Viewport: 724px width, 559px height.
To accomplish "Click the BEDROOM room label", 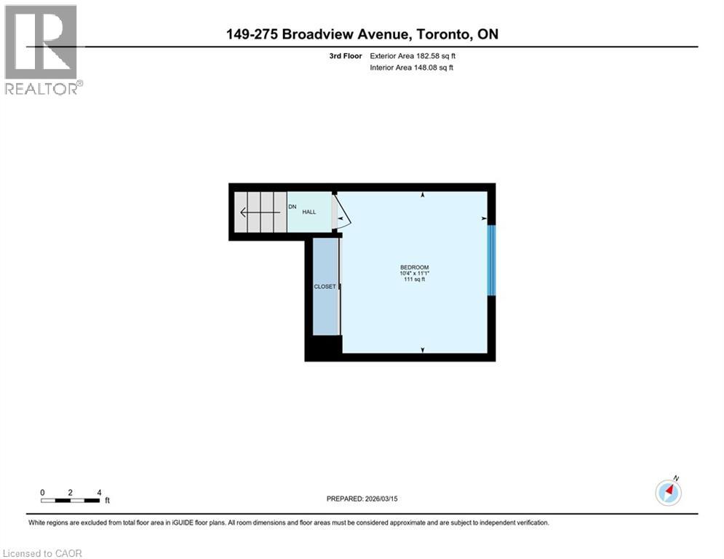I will tap(415, 267).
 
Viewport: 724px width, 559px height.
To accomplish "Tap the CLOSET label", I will tap(325, 287).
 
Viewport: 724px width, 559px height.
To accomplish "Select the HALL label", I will tap(309, 212).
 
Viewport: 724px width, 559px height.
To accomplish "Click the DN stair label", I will tap(293, 207).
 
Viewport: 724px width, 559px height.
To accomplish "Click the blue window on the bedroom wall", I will tap(491, 261).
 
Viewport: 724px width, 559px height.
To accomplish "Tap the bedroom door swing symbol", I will tap(342, 214).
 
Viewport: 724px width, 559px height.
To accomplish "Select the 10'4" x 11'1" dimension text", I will tap(415, 273).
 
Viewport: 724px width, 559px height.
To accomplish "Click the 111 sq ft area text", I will tap(415, 279).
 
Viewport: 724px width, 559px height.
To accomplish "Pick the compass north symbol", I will tap(667, 492).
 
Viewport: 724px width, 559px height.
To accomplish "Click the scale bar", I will tap(71, 500).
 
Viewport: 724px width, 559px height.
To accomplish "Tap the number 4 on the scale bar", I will tap(99, 492).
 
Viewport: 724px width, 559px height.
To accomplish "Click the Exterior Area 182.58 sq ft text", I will tap(413, 55).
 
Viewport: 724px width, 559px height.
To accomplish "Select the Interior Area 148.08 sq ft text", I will tap(413, 68).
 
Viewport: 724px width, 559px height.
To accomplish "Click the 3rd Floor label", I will tap(346, 55).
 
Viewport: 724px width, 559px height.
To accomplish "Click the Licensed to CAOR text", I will tap(43, 553).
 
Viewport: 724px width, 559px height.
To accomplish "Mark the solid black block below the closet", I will tap(323, 348).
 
